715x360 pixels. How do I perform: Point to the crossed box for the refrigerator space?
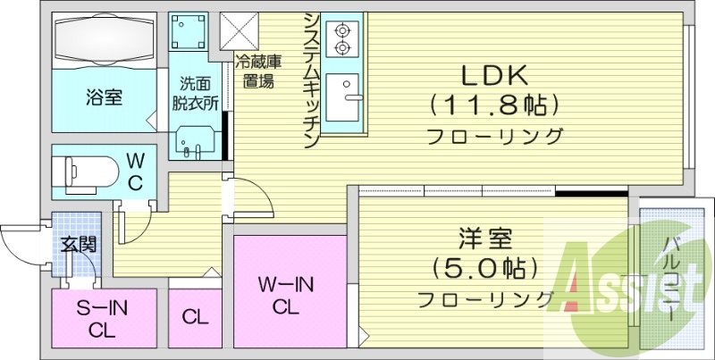pos(239,31)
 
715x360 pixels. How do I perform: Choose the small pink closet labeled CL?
pos(195,316)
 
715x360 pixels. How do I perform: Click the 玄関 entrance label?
pos(79,243)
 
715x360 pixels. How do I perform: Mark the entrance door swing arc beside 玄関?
pos(22,241)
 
